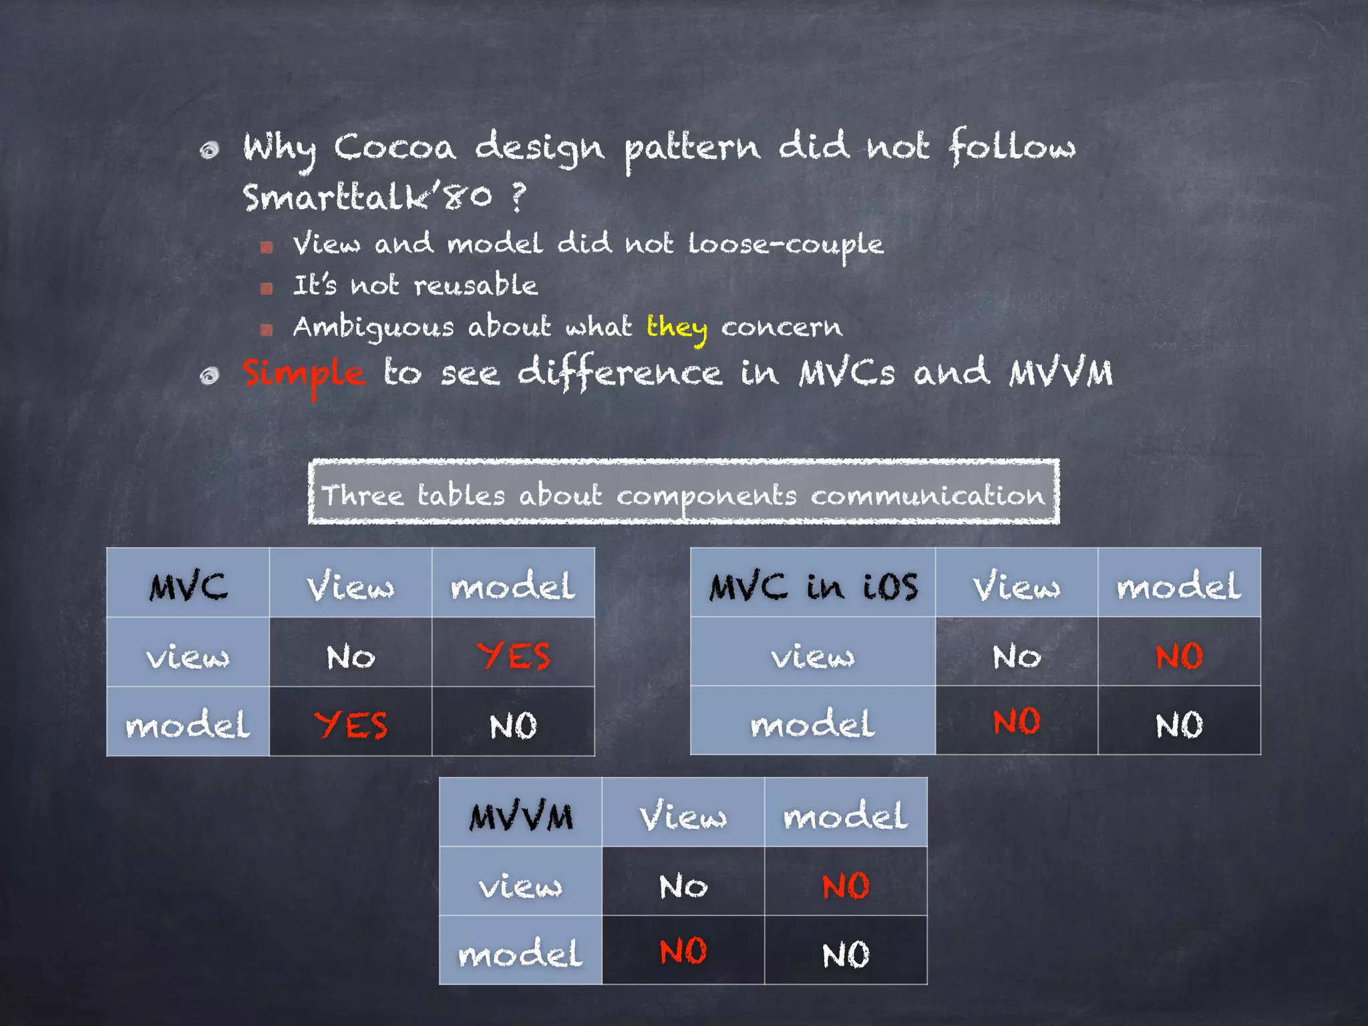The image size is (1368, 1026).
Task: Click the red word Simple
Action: pyautogui.click(x=304, y=374)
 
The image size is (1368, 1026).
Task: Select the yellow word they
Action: pyautogui.click(x=677, y=327)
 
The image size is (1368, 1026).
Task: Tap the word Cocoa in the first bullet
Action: pyautogui.click(x=395, y=147)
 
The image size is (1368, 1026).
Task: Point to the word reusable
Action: pyautogui.click(x=476, y=286)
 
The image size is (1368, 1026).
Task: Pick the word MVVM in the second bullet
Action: pyautogui.click(x=1061, y=374)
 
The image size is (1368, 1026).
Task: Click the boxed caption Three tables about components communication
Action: pyautogui.click(x=683, y=495)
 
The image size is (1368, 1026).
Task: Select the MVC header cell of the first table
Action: pyautogui.click(x=188, y=586)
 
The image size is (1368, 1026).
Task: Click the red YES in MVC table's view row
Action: pyautogui.click(x=513, y=655)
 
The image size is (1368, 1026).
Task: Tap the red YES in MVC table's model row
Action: pyautogui.click(x=351, y=725)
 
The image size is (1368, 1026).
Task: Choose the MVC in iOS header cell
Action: pyautogui.click(x=813, y=586)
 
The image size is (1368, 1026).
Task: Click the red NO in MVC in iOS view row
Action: pyautogui.click(x=1179, y=656)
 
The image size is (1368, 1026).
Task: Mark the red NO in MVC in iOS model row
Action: pyautogui.click(x=1016, y=722)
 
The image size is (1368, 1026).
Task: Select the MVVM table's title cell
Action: pyautogui.click(x=520, y=816)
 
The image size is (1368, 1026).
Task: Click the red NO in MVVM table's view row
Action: pyautogui.click(x=846, y=886)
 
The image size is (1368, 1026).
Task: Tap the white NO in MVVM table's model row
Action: pyautogui.click(x=846, y=955)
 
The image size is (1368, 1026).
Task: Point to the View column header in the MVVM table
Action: pyautogui.click(x=683, y=816)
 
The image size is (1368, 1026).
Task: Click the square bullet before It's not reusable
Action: pyautogui.click(x=267, y=289)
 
